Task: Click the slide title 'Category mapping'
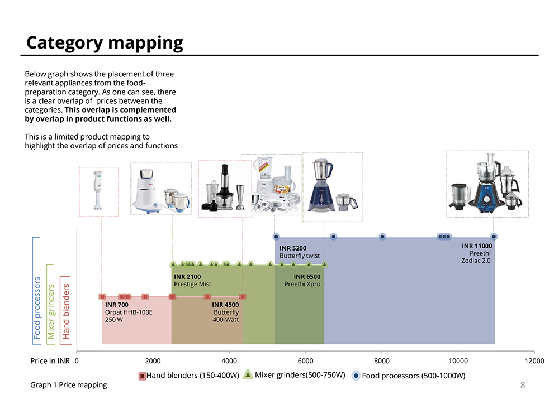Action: point(105,43)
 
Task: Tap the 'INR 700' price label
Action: point(117,305)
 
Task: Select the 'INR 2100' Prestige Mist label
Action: point(192,281)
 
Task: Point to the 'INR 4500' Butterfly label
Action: point(226,312)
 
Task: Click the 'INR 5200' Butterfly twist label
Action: point(300,252)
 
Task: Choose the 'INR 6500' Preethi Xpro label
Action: point(302,281)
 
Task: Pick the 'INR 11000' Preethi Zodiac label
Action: point(477,253)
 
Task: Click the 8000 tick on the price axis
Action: point(381,361)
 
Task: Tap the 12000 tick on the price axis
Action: point(534,361)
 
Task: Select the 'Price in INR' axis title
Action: point(50,361)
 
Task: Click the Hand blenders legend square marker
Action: point(142,376)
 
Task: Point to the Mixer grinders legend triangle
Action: point(248,374)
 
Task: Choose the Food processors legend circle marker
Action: point(356,376)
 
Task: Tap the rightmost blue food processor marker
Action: point(494,237)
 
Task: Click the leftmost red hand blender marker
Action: point(102,296)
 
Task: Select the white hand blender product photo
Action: point(98,191)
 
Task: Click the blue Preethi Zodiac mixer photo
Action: point(487,184)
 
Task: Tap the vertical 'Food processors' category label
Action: point(37,308)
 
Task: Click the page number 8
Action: point(523,385)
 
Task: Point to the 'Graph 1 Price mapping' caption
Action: point(68,385)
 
